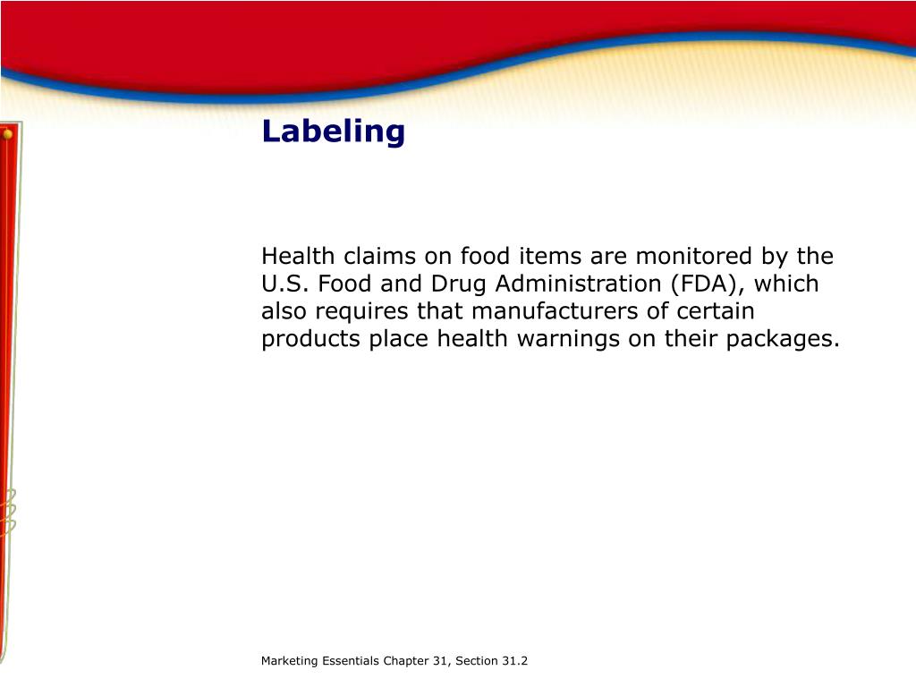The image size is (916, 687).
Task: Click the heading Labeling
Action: (333, 132)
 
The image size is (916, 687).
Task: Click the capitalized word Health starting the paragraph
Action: (293, 257)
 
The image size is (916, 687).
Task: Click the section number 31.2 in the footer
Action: (513, 661)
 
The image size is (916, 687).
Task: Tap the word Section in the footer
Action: (475, 661)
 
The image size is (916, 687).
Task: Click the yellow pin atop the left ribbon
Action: (7, 134)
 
